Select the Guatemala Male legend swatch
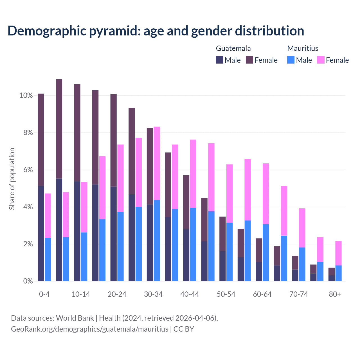tap(220, 60)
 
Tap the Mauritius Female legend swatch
tap(321, 60)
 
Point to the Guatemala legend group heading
tap(233, 48)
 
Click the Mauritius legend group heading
tap(303, 48)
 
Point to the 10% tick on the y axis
tap(26, 96)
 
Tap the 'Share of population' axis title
tap(12, 179)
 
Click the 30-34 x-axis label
tap(153, 294)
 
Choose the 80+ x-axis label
tap(335, 294)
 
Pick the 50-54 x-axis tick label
tap(226, 294)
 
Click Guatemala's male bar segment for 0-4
tap(41, 233)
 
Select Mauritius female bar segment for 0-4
tap(48, 216)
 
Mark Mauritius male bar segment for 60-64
tap(266, 253)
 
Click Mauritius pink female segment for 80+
tap(338, 253)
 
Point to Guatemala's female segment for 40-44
tap(186, 202)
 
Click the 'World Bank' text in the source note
tap(75, 318)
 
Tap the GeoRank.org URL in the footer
tap(89, 329)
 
